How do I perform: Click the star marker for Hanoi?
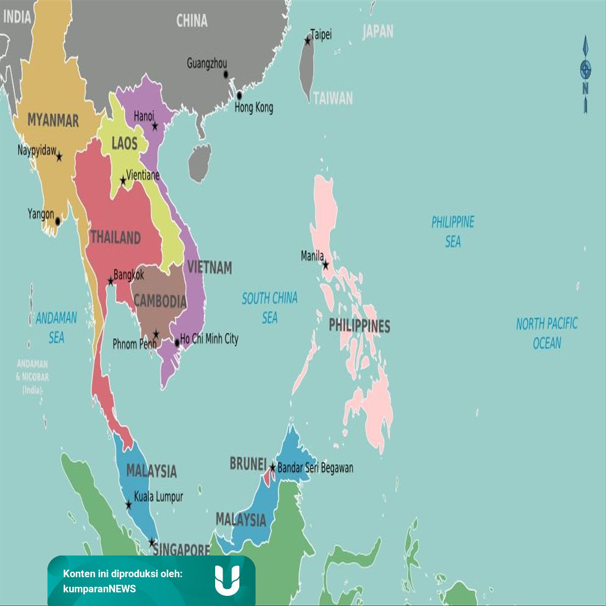pyautogui.click(x=155, y=126)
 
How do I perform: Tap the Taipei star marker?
pyautogui.click(x=308, y=40)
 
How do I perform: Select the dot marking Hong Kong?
pyautogui.click(x=239, y=95)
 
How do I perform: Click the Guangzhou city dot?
pyautogui.click(x=226, y=74)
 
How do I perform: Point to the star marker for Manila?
pyautogui.click(x=326, y=265)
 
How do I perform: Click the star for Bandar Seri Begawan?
pyautogui.click(x=273, y=468)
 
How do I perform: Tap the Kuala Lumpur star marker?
pyautogui.click(x=128, y=504)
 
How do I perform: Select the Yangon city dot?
pyautogui.click(x=58, y=221)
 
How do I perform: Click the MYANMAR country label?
pyautogui.click(x=53, y=120)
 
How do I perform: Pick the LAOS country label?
pyautogui.click(x=124, y=143)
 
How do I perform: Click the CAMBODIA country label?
pyautogui.click(x=160, y=301)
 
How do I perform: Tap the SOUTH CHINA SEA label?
pyautogui.click(x=270, y=308)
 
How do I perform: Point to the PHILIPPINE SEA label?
pyautogui.click(x=453, y=232)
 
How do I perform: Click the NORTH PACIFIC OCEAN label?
pyautogui.click(x=547, y=333)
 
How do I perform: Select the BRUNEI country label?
pyautogui.click(x=247, y=463)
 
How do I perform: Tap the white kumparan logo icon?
pyautogui.click(x=227, y=580)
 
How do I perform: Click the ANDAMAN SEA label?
pyautogui.click(x=56, y=327)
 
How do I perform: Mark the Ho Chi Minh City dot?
pyautogui.click(x=177, y=343)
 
